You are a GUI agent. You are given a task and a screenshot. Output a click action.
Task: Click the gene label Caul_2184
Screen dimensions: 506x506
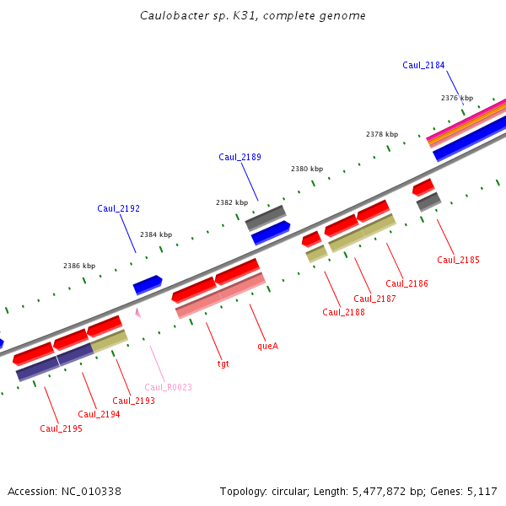(x=423, y=65)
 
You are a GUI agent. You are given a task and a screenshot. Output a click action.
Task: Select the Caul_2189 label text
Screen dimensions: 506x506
(x=240, y=157)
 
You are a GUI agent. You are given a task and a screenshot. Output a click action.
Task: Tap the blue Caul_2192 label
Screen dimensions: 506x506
(x=118, y=208)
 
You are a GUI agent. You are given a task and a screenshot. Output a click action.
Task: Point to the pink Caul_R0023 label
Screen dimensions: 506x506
(x=168, y=387)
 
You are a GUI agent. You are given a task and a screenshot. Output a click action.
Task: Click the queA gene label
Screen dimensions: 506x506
(x=267, y=346)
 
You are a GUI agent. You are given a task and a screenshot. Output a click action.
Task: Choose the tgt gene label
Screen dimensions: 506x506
(x=223, y=363)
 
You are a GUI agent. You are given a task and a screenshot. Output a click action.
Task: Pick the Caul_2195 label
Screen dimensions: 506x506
(x=61, y=428)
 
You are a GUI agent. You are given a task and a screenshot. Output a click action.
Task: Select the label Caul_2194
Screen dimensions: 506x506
(x=99, y=414)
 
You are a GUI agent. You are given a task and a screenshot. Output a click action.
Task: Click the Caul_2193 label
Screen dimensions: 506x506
(x=134, y=401)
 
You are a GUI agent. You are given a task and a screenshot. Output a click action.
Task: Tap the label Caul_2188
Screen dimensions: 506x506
(x=343, y=312)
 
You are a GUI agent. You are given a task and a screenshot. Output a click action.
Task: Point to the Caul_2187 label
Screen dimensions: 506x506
(x=374, y=299)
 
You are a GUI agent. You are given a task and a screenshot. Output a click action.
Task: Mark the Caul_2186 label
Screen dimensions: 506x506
(x=406, y=283)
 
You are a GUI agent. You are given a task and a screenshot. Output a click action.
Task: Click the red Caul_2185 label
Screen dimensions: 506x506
(x=458, y=260)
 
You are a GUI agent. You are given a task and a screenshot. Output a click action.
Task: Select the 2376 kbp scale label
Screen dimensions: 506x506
(x=457, y=98)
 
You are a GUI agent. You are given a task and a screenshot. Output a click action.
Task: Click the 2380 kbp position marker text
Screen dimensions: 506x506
(x=307, y=169)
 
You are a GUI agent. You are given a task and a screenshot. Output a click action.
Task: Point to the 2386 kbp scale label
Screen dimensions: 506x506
(x=79, y=266)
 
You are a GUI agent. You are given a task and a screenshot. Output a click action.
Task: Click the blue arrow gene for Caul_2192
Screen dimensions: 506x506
(x=148, y=284)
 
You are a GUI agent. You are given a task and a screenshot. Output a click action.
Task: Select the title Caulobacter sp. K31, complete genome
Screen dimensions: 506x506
(x=253, y=16)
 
